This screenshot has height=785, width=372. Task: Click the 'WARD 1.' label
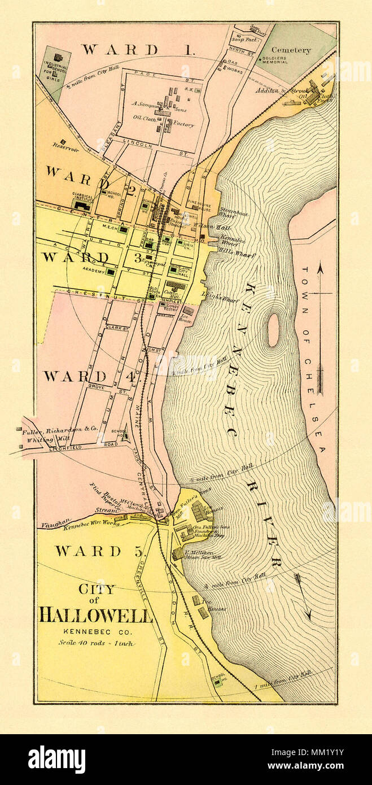(138, 49)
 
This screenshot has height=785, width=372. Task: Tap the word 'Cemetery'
(291, 50)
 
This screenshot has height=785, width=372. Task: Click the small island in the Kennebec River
(273, 329)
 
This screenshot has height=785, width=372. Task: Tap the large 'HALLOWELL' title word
(95, 614)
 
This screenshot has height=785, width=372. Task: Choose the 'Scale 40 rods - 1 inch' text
(97, 643)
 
